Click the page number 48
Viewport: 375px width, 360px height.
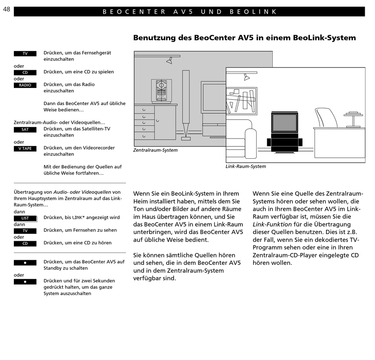pos(6,9)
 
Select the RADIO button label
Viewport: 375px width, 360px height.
pos(25,85)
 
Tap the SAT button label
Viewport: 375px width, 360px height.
pos(25,129)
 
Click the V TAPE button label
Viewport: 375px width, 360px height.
pos(25,148)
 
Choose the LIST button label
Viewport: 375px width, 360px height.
pos(25,218)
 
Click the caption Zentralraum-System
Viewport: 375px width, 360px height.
pos(155,150)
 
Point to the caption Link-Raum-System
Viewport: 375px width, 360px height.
pos(246,167)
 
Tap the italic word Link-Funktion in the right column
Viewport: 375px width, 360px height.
pos(272,224)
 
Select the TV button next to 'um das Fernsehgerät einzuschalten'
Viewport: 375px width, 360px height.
pos(25,54)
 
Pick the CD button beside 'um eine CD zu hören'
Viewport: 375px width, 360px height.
pos(25,244)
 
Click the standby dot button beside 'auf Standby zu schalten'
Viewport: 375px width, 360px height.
pos(25,262)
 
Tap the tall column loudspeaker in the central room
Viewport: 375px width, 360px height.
pos(186,103)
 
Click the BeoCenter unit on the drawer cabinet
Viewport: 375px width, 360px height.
pos(161,91)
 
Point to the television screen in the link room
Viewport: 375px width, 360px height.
pos(284,123)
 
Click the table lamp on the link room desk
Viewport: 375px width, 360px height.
pos(353,119)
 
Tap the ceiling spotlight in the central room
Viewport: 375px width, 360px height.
pos(169,60)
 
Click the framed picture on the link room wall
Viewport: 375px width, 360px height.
pos(241,100)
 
